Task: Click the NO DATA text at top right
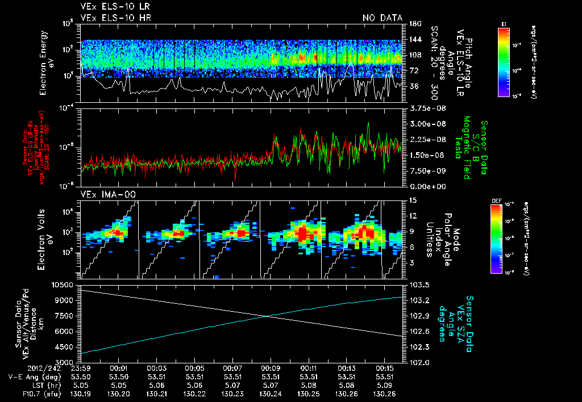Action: click(382, 18)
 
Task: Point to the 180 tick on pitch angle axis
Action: click(414, 24)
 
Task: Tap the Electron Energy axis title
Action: click(45, 62)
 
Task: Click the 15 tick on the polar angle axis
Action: click(412, 200)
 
